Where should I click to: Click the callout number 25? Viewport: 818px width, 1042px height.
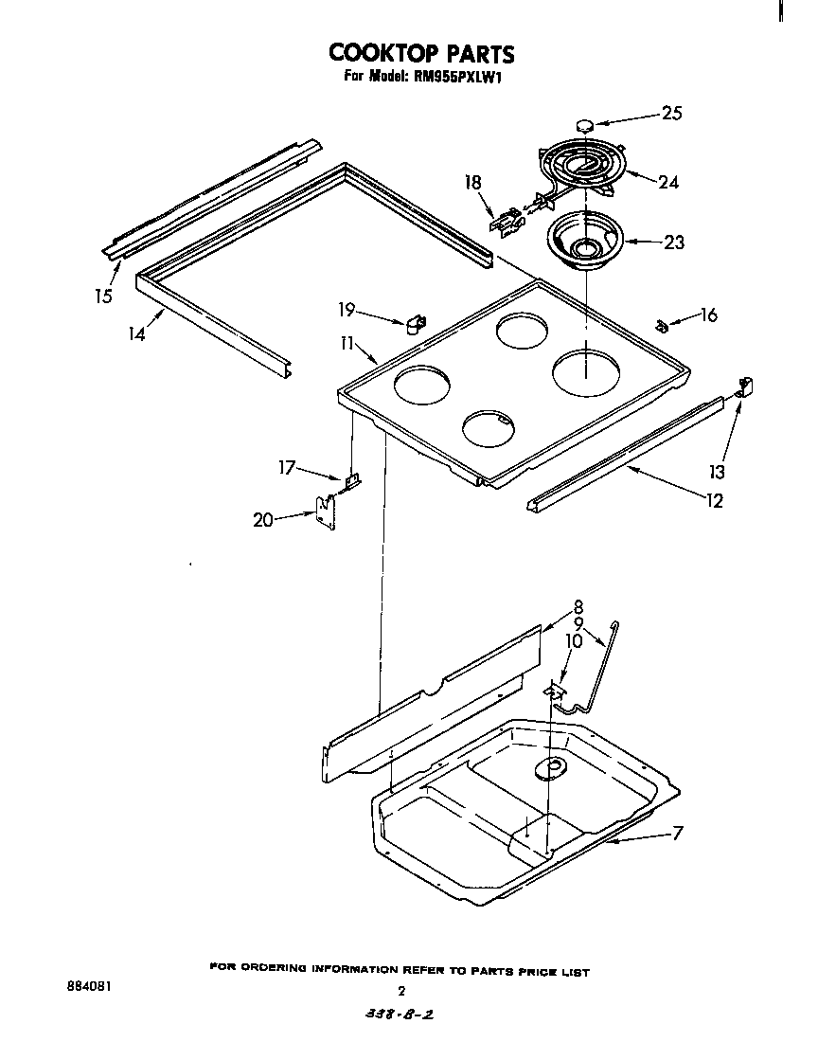(671, 114)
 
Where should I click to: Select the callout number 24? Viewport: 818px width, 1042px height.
(667, 182)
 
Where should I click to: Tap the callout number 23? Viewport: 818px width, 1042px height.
(673, 243)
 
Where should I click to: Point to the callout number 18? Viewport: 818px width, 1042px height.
(473, 182)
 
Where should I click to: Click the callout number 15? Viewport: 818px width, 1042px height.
(103, 296)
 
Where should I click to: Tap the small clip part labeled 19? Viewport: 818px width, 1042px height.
(416, 325)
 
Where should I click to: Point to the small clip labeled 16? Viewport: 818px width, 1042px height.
(662, 326)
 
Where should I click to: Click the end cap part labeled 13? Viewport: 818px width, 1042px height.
(744, 386)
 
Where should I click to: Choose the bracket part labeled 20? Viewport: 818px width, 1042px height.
(327, 512)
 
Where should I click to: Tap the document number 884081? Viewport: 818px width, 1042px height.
(90, 985)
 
